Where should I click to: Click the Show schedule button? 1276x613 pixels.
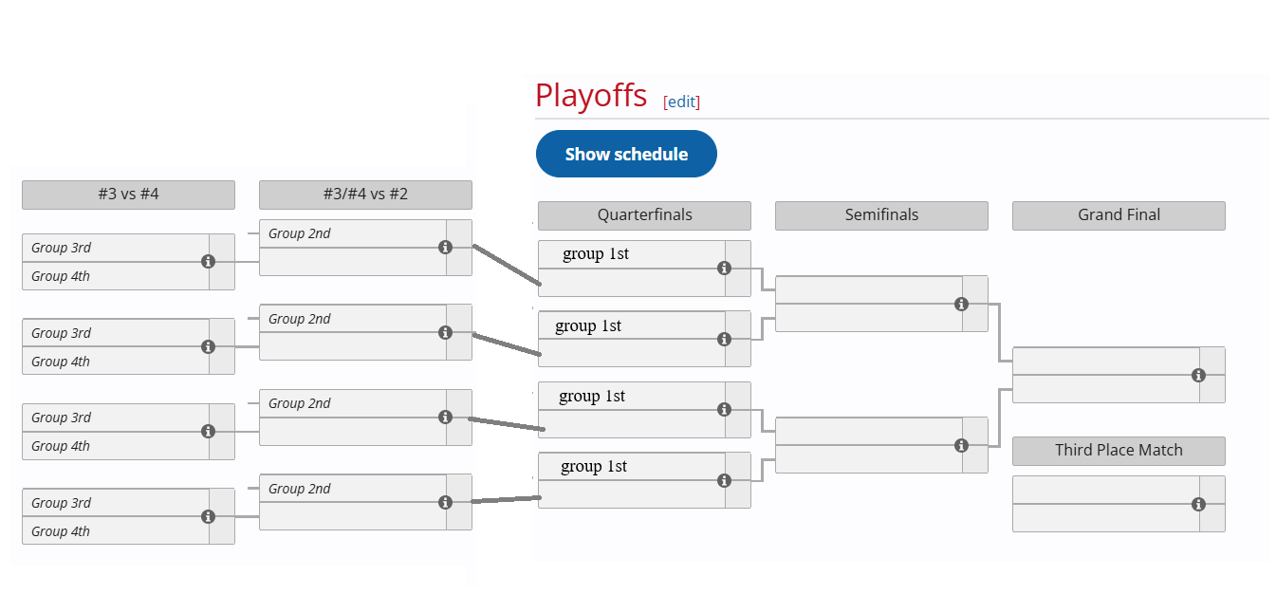click(626, 154)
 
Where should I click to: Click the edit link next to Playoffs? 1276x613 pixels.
click(681, 102)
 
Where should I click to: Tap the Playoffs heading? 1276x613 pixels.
click(591, 95)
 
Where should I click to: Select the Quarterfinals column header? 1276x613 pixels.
click(644, 215)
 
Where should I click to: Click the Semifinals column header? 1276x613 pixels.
click(881, 215)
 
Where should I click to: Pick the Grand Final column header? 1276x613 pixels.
click(1119, 215)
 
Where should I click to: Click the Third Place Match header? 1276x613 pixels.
click(1119, 451)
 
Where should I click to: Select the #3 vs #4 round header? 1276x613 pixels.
click(128, 195)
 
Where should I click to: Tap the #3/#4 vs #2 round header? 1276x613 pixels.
click(365, 195)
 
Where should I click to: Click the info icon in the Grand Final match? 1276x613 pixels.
click(1198, 375)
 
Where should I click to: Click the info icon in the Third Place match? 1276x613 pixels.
click(1198, 504)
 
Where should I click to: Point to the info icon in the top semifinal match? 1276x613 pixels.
click(962, 304)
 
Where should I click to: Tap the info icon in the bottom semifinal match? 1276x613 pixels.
click(962, 445)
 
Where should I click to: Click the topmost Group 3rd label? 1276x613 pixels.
click(61, 248)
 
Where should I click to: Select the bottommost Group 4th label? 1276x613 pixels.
click(61, 531)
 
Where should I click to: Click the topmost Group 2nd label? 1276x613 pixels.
click(299, 233)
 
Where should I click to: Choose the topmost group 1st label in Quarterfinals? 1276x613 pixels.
click(595, 253)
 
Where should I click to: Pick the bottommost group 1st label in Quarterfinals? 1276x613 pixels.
click(594, 466)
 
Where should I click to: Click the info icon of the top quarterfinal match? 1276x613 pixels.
click(724, 268)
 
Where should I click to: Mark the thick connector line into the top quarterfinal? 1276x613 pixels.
click(507, 265)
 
